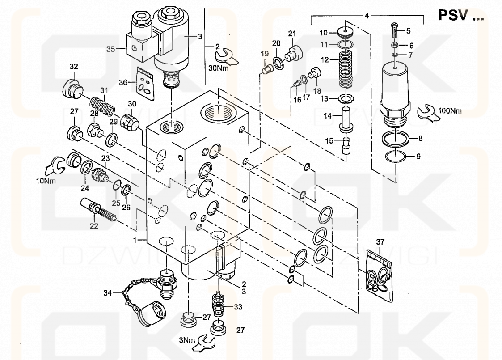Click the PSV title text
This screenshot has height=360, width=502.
click(460, 16)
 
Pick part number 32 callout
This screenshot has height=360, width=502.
click(73, 67)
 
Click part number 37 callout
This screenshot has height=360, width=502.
click(380, 242)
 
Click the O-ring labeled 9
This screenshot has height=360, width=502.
click(396, 157)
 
